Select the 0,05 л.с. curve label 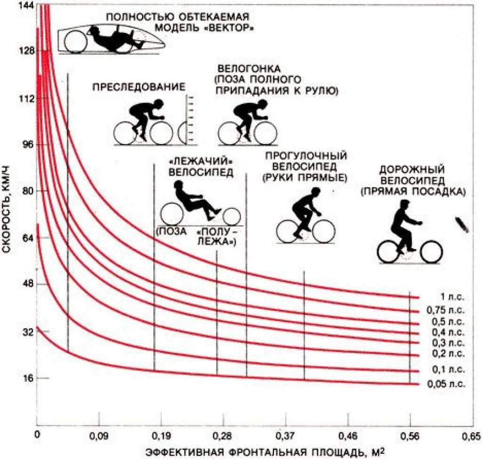[x=446, y=384]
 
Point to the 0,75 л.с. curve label [x=445, y=310]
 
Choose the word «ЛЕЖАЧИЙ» [x=201, y=161]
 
